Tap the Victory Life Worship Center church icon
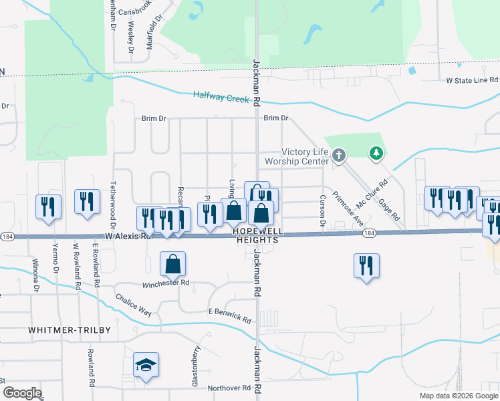coord(339,156)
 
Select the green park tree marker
coord(377,154)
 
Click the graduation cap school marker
coord(146,365)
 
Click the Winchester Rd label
coord(166,283)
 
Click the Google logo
coord(21,393)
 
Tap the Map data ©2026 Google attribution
coord(458,396)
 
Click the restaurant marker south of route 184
coord(366,265)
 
